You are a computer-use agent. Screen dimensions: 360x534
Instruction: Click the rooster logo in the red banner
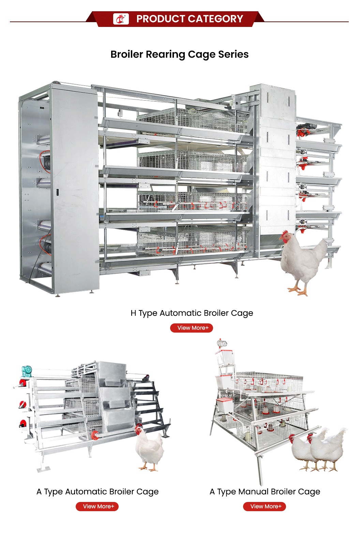click(x=121, y=19)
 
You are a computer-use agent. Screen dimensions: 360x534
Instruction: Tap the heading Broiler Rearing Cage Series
click(x=180, y=55)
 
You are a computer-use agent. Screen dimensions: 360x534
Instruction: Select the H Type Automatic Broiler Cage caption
click(x=192, y=313)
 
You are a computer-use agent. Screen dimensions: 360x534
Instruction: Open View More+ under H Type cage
click(x=192, y=328)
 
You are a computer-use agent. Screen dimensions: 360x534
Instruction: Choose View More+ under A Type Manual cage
click(x=265, y=506)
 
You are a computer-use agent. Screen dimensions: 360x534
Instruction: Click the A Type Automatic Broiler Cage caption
click(x=97, y=492)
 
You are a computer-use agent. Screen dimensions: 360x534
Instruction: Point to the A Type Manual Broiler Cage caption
click(x=265, y=492)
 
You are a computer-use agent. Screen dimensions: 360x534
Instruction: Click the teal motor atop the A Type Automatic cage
click(x=27, y=371)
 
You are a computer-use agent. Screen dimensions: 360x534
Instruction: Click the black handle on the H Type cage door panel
click(x=58, y=192)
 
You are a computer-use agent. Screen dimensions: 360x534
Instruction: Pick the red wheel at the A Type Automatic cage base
click(x=95, y=435)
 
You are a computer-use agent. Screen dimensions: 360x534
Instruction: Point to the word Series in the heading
click(x=234, y=54)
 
